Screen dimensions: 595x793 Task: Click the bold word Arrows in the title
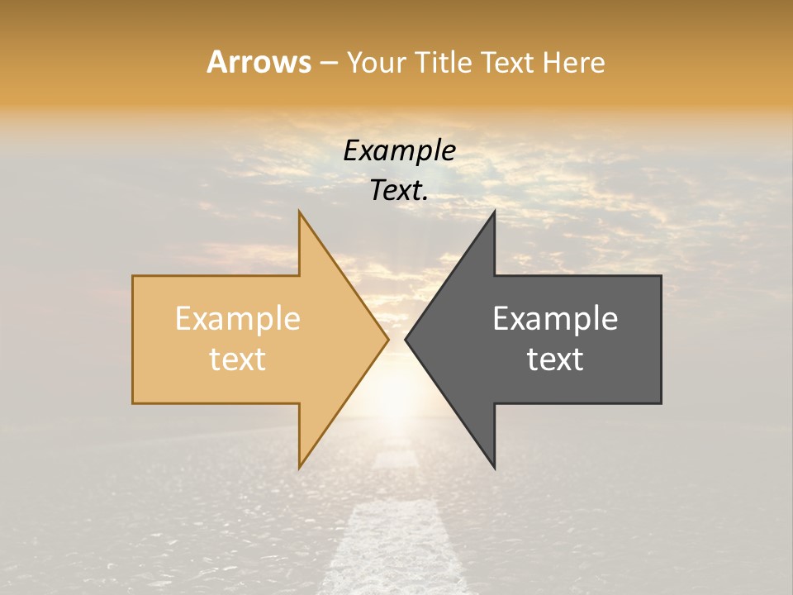(259, 62)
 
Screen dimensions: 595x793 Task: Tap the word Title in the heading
(443, 63)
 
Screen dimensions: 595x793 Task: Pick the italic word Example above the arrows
(399, 150)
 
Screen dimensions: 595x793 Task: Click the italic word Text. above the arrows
(399, 191)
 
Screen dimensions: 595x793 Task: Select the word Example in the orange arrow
(238, 319)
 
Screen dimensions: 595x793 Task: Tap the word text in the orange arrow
(238, 359)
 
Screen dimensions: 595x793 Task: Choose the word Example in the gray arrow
(555, 319)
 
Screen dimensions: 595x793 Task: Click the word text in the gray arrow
(555, 359)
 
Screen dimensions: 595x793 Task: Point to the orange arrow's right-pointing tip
(386, 339)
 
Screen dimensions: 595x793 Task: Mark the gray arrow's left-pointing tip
(407, 339)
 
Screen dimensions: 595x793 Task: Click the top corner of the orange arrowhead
(300, 213)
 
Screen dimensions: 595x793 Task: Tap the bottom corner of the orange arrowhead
(300, 466)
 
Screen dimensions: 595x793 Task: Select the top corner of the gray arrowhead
(494, 213)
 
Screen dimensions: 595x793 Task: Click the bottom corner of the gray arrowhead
(494, 466)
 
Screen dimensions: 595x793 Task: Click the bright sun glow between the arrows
(396, 388)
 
